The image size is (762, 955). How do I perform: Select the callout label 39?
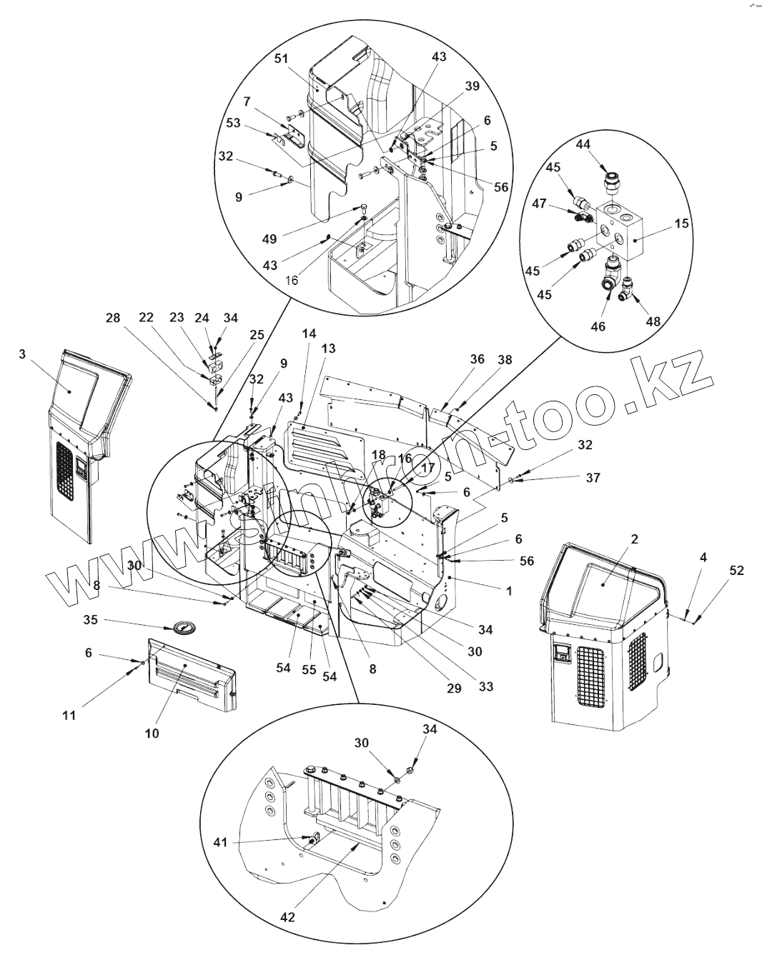click(472, 86)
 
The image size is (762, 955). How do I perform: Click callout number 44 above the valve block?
click(583, 144)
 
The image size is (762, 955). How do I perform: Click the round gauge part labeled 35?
click(182, 628)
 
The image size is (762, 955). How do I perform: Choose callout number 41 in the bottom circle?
click(219, 842)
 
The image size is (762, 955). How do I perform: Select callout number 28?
click(113, 318)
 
